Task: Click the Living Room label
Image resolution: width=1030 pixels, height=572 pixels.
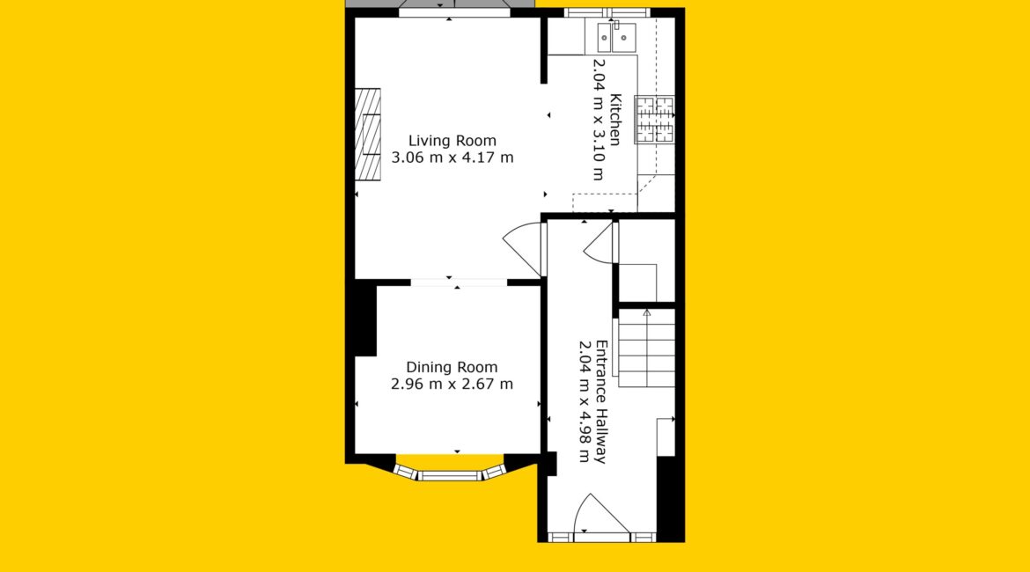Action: [x=452, y=141]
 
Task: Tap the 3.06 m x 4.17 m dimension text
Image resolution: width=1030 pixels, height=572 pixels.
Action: [x=452, y=158]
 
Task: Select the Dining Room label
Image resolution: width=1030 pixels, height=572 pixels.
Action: [x=452, y=368]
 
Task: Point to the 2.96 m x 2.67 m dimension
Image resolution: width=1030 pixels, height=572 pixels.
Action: [x=452, y=385]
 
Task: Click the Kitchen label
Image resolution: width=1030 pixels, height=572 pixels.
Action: [x=615, y=120]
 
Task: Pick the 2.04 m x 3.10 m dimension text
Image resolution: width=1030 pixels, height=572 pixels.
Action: [x=599, y=120]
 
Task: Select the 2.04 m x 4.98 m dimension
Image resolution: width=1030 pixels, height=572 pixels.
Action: [x=584, y=402]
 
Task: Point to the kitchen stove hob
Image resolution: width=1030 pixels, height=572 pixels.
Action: [x=654, y=120]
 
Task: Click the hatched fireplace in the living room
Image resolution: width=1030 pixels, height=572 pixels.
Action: [x=368, y=135]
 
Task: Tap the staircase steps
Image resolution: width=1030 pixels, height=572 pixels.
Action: [x=646, y=348]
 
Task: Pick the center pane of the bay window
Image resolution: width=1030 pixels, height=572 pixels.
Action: [x=450, y=475]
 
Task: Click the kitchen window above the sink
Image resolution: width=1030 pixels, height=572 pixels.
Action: [x=607, y=12]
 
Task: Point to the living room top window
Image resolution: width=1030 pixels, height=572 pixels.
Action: [x=454, y=12]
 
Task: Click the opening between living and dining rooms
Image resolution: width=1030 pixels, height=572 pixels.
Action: [x=459, y=283]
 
